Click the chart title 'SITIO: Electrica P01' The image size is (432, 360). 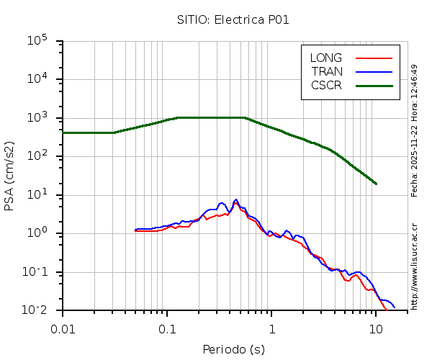233,19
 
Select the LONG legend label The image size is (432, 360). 326,58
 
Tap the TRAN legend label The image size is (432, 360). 327,71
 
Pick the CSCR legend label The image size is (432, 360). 326,85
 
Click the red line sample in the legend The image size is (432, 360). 374,58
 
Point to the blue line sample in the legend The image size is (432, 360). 374,71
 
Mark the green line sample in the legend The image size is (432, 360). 374,85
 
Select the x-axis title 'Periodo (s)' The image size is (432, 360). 233,350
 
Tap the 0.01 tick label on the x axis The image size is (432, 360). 63,329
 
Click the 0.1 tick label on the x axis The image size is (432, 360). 167,329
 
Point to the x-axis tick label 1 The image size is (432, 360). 272,329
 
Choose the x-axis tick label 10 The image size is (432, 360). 376,329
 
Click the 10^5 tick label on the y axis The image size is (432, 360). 37,40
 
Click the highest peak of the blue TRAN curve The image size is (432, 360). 235,200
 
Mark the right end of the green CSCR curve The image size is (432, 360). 376,184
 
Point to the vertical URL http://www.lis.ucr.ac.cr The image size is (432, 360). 415,266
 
